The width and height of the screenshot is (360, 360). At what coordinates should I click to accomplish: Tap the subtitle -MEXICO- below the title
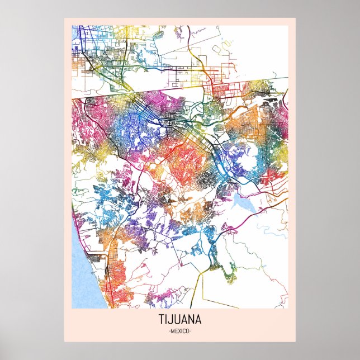(180, 331)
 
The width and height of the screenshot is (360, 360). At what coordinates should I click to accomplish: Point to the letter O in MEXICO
(188, 331)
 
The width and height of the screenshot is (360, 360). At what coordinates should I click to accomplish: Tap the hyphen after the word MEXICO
(191, 331)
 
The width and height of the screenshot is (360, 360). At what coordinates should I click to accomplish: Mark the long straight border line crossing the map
(168, 93)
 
